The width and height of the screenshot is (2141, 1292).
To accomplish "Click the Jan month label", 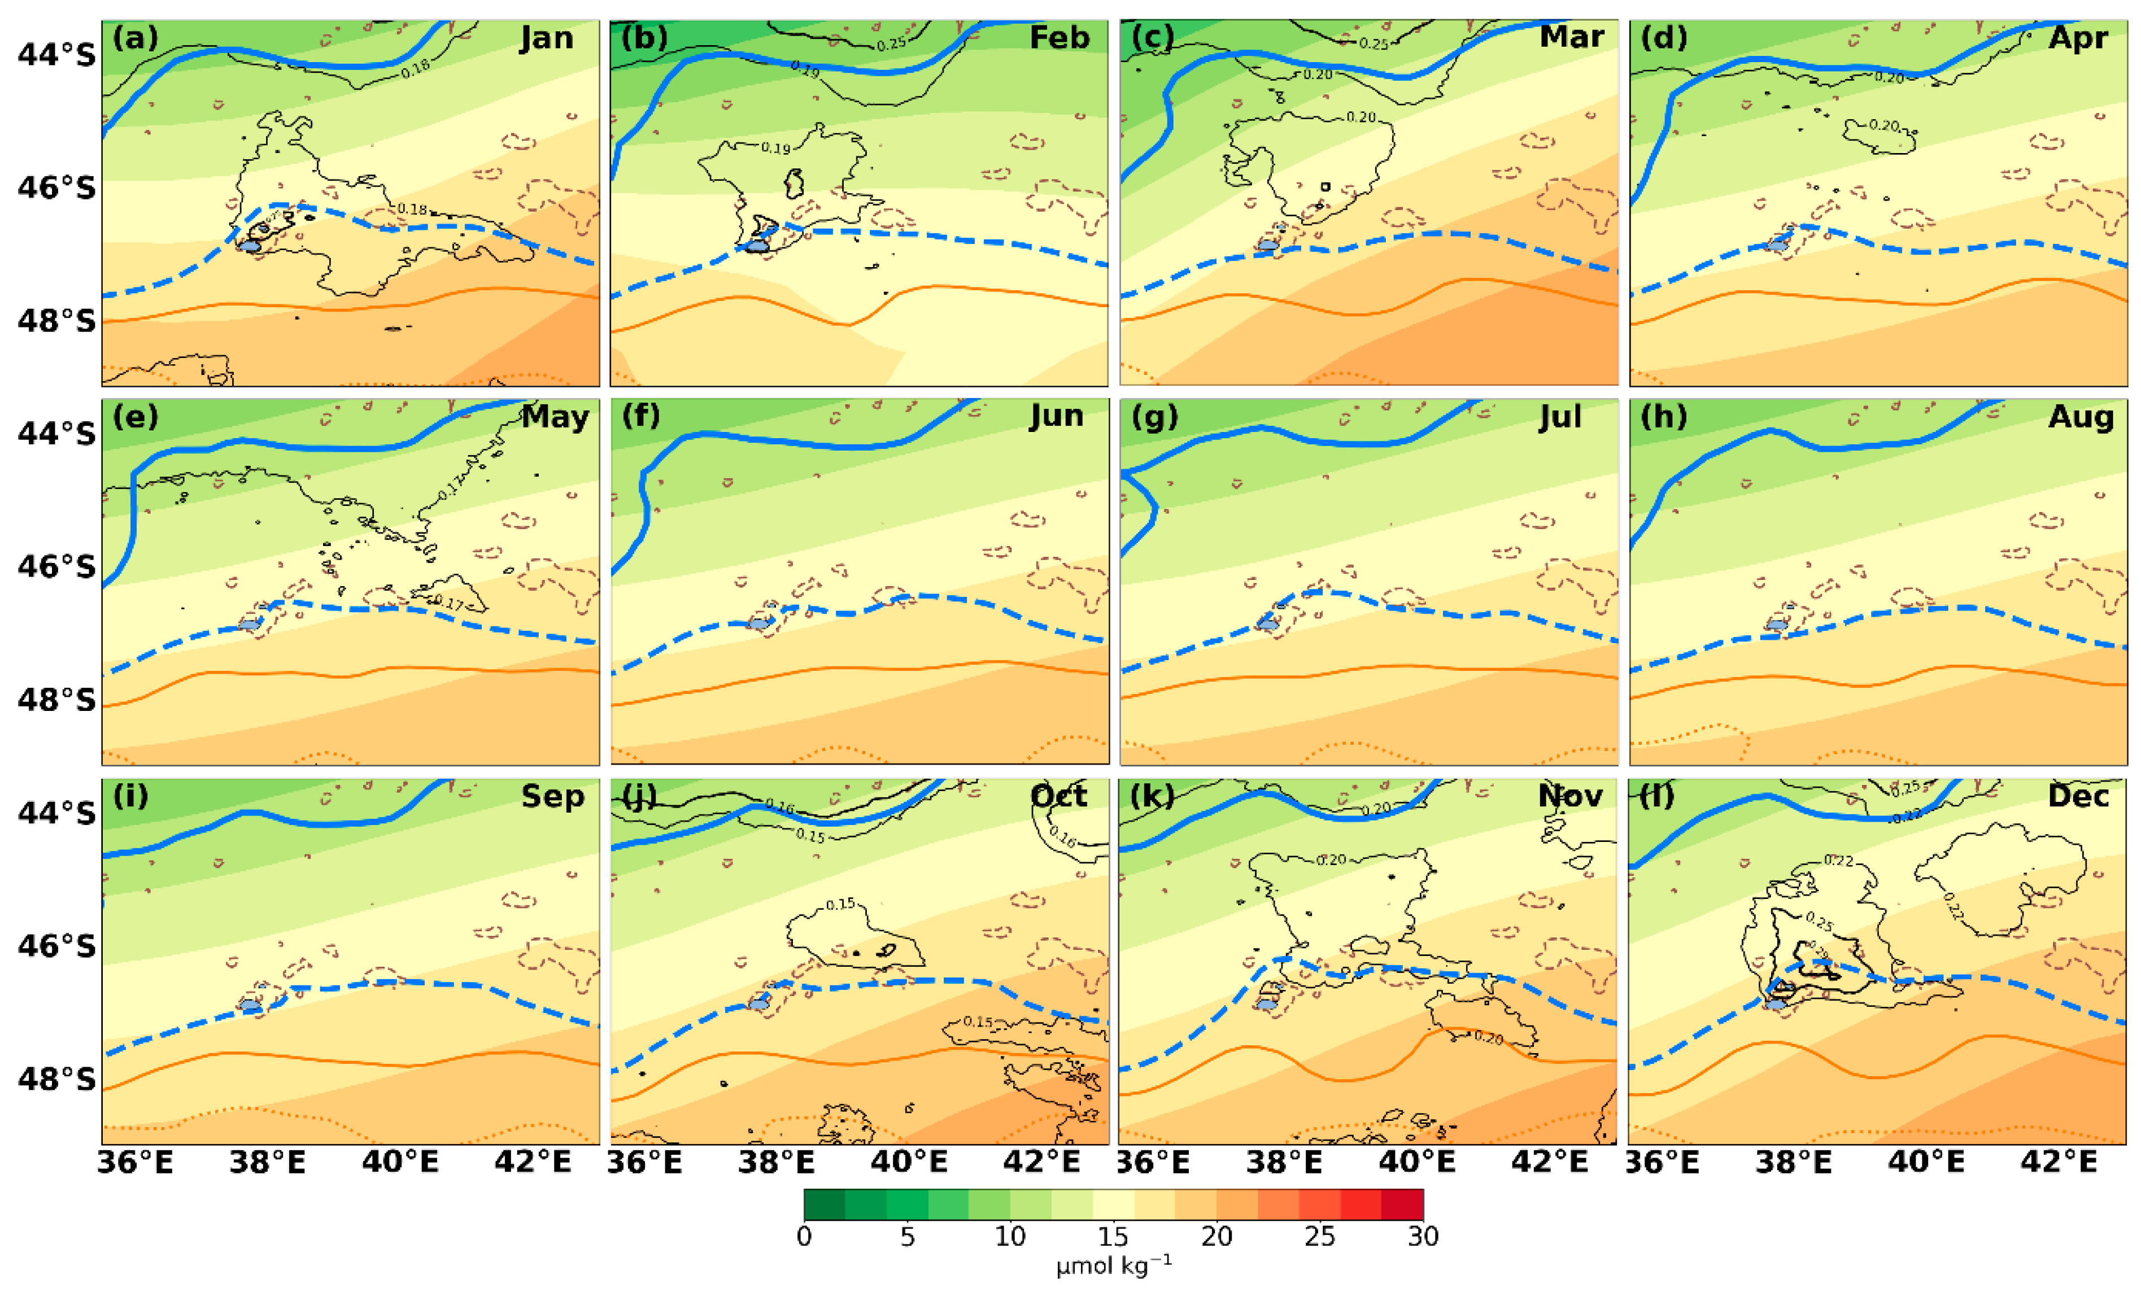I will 547,38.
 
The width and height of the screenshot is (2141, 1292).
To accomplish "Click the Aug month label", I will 2080,417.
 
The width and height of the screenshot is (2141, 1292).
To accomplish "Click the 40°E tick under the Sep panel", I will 400,1162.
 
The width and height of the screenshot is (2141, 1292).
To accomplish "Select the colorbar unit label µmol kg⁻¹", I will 1113,1266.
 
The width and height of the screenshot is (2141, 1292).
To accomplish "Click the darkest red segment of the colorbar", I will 1402,1204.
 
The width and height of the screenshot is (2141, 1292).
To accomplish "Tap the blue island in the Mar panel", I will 1268,246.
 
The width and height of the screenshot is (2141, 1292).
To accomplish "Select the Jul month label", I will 1560,417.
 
